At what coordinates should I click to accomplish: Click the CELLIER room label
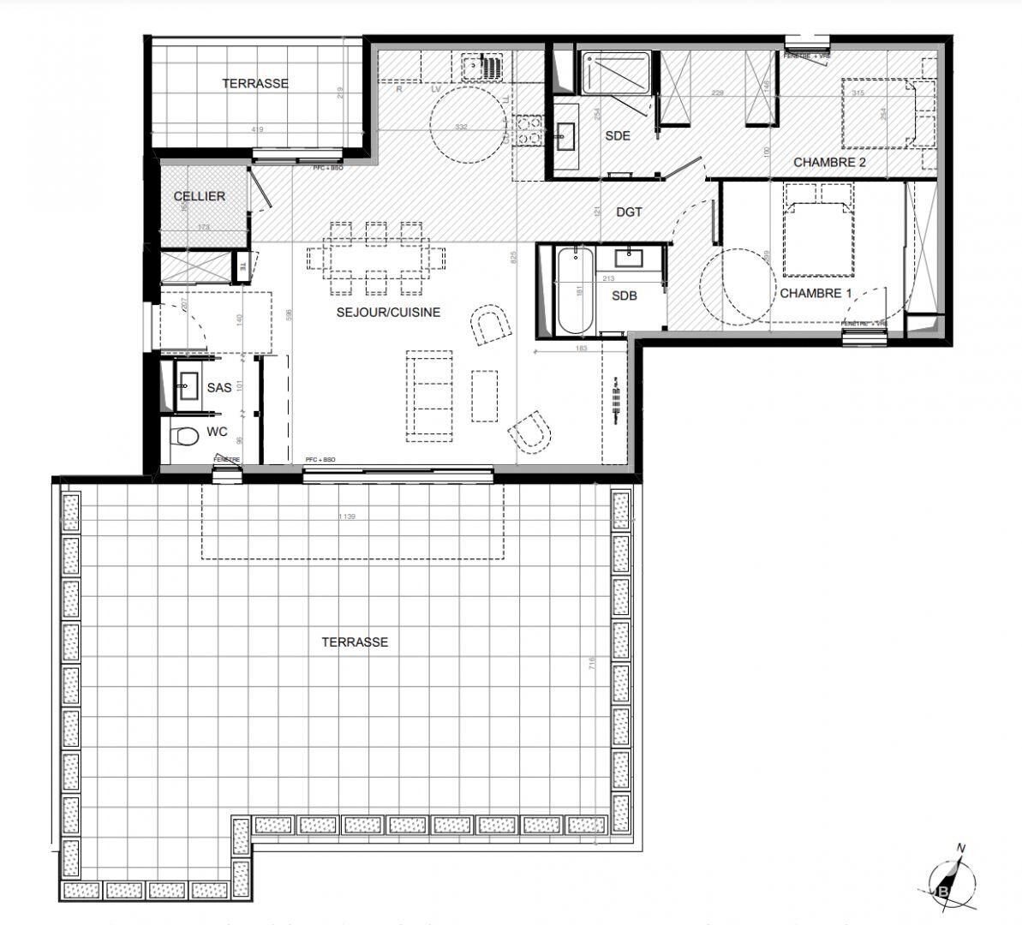pos(200,196)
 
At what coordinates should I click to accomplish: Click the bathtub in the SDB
pos(573,292)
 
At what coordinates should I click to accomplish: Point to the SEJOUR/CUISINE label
pos(388,313)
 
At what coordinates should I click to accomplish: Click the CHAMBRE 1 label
pos(816,293)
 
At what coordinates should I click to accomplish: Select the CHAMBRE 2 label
pos(829,162)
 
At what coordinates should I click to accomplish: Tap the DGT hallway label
pos(629,212)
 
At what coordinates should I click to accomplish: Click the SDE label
pos(617,135)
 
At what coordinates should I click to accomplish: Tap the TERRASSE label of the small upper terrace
pos(255,84)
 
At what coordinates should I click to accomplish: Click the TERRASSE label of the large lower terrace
pos(355,642)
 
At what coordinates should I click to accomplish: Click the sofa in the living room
pos(428,396)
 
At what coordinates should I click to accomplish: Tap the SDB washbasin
pos(633,255)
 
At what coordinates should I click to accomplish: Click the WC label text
pos(217,433)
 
